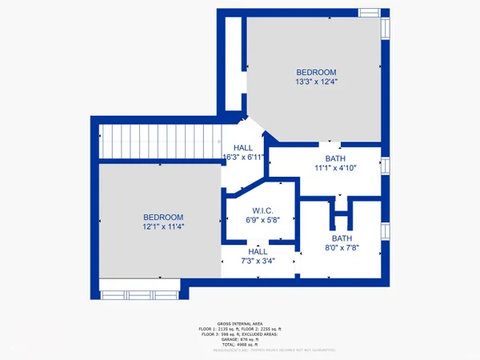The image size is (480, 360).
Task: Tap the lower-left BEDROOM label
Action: [163, 217]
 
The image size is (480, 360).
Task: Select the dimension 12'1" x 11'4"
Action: [163, 226]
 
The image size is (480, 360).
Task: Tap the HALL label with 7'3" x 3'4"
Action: [258, 251]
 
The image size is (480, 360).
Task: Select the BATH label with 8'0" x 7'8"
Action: [342, 238]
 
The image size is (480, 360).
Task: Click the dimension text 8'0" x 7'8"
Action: [342, 248]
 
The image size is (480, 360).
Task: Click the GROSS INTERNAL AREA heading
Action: [240, 324]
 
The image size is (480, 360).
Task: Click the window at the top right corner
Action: [369, 13]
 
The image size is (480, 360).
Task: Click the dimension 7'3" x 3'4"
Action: [258, 261]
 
